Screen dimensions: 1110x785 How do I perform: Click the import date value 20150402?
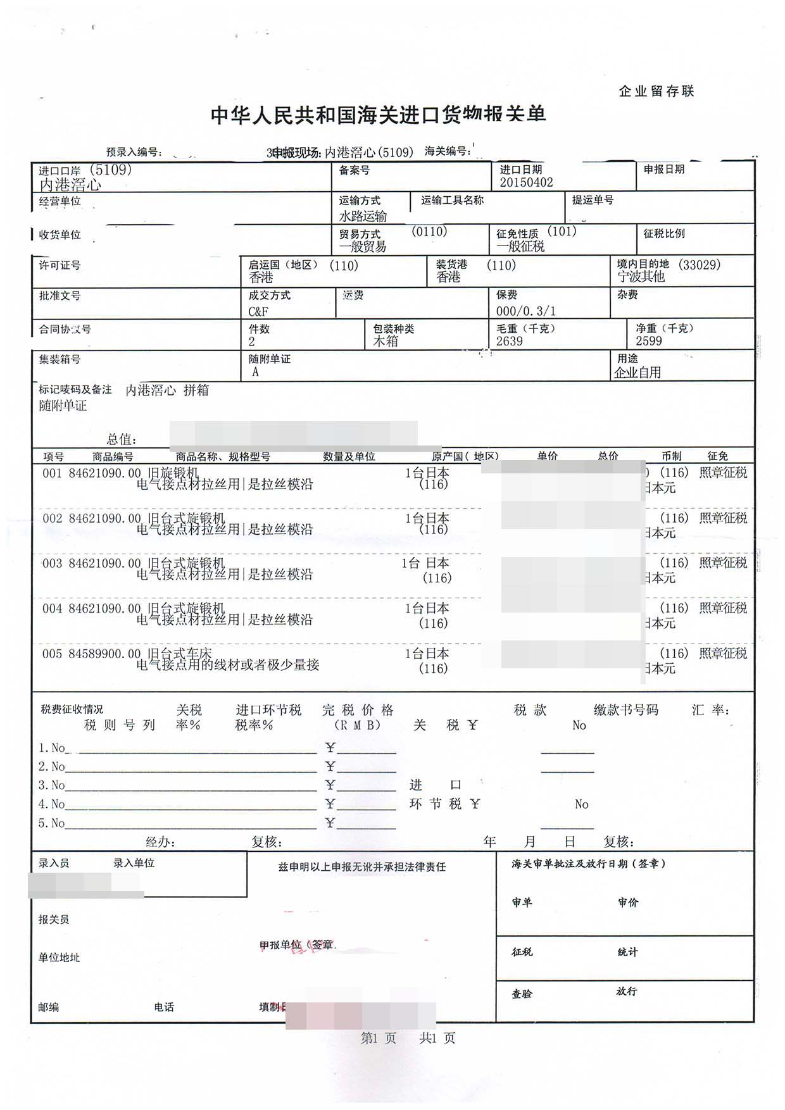pos(526,182)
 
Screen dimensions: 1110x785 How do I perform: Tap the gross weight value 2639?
pos(509,341)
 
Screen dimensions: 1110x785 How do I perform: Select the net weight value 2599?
pos(649,341)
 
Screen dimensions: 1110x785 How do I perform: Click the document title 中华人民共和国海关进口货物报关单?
pos(378,115)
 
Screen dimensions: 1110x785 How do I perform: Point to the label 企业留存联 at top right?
pos(656,91)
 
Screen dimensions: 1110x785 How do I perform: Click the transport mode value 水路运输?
pos(363,216)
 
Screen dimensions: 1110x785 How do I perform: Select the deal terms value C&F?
pos(258,311)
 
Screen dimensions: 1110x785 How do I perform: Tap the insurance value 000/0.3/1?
pos(525,311)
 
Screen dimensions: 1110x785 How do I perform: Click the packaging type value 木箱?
pos(386,342)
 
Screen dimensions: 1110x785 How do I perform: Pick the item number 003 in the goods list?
pos(53,563)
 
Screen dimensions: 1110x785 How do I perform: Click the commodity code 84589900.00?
pos(104,654)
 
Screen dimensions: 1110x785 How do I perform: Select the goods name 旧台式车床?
pos(180,653)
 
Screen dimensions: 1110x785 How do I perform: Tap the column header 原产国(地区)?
pos(465,456)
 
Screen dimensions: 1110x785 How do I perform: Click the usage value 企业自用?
pos(637,373)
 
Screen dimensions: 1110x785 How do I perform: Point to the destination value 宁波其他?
pos(641,277)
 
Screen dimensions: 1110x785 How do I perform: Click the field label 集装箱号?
pos(60,359)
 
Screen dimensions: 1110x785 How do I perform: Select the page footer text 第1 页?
pos(378,1038)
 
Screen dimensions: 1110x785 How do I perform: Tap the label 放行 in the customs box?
pos(626,992)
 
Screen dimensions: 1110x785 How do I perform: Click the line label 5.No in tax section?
pos(51,823)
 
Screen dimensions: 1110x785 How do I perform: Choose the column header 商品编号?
pos(113,456)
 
